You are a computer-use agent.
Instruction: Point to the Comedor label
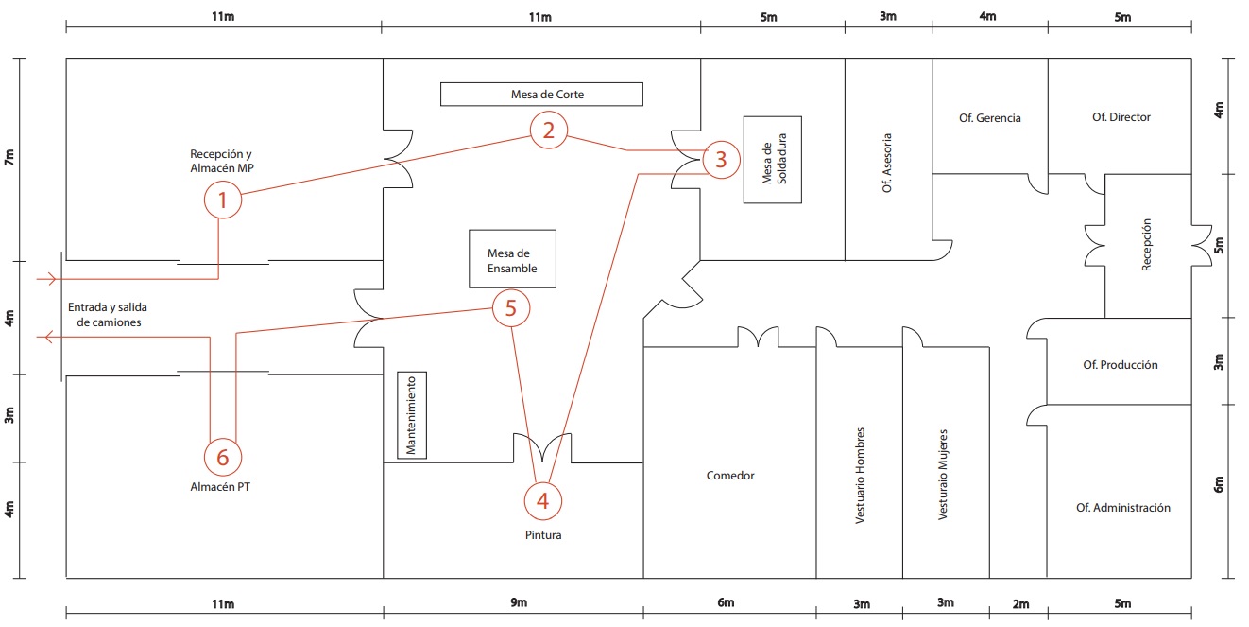click(730, 475)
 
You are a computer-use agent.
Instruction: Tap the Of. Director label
click(1121, 117)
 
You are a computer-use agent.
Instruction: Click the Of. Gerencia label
click(990, 118)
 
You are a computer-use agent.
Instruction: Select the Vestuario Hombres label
click(860, 475)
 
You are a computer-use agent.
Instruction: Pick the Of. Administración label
click(1123, 508)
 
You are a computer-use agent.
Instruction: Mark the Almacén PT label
click(220, 487)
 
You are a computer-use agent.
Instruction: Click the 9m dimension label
click(519, 602)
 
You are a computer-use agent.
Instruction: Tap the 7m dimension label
click(9, 157)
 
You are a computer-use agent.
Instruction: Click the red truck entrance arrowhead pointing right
click(52, 279)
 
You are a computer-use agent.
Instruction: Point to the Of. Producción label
click(1121, 365)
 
